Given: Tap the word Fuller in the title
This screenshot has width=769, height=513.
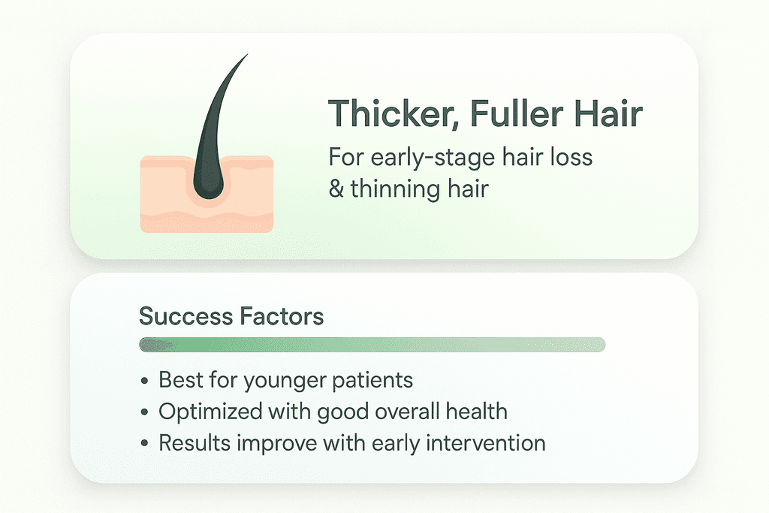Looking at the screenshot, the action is pos(517,113).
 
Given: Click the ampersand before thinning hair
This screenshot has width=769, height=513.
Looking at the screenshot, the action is pos(336,189).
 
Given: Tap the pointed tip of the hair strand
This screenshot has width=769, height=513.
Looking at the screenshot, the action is pos(248,54).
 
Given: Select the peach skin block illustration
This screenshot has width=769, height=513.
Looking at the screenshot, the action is pos(207,195).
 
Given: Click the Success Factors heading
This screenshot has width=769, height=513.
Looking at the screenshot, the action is pos(231,316).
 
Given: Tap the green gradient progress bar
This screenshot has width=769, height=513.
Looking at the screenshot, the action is pos(372,345).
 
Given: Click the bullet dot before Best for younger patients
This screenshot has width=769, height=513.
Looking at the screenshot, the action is pos(144,381).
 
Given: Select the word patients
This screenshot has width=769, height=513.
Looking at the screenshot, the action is pos(372,381).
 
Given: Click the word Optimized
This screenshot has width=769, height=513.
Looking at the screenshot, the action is pos(210,412).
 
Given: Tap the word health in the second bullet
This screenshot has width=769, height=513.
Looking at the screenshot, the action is pos(476,411).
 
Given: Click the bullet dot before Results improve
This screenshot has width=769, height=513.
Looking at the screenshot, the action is pos(144,444).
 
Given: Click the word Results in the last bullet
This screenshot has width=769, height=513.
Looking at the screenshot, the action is pos(195,443).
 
